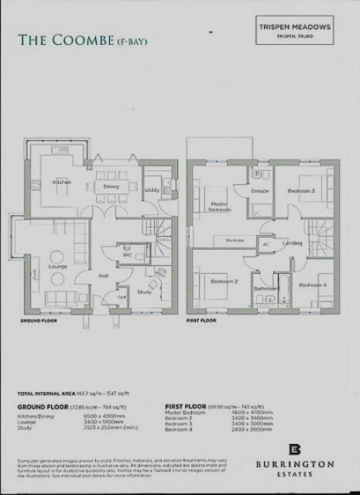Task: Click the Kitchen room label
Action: click(61, 183)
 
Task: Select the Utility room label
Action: click(152, 189)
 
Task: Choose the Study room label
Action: click(144, 292)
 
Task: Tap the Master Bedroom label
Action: click(221, 207)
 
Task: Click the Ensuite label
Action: click(259, 189)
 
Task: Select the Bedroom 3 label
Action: click(300, 189)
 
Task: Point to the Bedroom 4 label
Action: click(314, 285)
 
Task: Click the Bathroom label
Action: click(266, 288)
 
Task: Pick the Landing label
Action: click(293, 244)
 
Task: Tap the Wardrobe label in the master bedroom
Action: click(235, 241)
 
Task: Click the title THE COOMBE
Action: click(66, 40)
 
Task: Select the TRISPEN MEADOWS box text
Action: click(294, 26)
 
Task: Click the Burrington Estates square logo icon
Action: click(294, 450)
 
